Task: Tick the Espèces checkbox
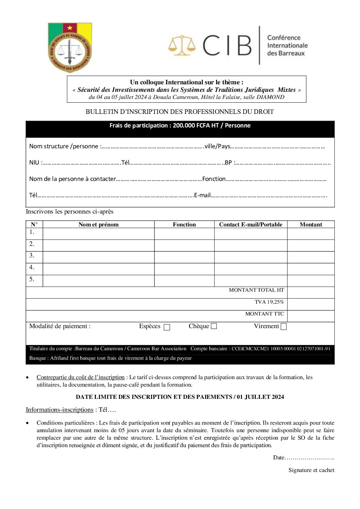(167, 327)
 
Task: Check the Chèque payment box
(214, 326)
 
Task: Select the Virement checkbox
(284, 326)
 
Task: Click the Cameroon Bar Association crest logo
(70, 47)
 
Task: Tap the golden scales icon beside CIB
(182, 45)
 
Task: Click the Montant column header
(311, 224)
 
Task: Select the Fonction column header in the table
(184, 224)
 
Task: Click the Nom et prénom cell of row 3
(98, 257)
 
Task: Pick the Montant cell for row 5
(311, 281)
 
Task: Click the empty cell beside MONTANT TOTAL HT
(311, 292)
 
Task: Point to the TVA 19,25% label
(269, 302)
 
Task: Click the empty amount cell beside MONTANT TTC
(311, 316)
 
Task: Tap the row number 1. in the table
(32, 232)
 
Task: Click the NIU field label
(34, 163)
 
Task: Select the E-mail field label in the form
(202, 195)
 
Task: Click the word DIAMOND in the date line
(270, 97)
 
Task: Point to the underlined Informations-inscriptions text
(60, 410)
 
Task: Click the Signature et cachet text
(311, 470)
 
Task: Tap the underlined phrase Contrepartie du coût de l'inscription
(81, 377)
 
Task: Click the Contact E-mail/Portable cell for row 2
(250, 245)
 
